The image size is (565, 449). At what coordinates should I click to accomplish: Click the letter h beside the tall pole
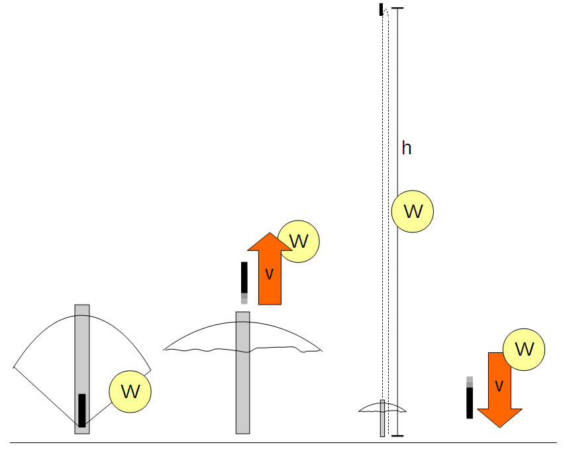[x=407, y=148]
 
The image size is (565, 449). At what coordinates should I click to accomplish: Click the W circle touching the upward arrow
[x=299, y=240]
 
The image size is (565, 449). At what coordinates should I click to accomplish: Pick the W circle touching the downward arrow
[x=524, y=349]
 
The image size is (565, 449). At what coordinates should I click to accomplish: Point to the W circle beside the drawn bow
[x=130, y=392]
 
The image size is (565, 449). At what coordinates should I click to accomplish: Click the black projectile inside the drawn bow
[x=82, y=410]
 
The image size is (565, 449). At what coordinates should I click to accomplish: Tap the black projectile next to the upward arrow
[x=244, y=277]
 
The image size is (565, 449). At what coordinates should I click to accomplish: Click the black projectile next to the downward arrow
[x=470, y=402]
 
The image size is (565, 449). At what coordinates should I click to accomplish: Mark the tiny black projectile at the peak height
[x=381, y=9]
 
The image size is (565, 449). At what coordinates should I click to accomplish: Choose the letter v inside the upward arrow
[x=269, y=274]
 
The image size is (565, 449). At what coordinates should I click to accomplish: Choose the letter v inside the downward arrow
[x=499, y=385]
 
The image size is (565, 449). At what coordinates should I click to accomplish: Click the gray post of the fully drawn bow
[x=82, y=344]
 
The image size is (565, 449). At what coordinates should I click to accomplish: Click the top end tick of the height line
[x=397, y=8]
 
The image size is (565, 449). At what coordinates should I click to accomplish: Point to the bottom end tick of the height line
[x=397, y=436]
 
